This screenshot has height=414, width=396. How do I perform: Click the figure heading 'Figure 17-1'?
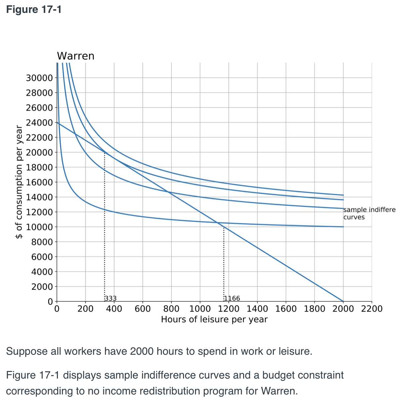34,10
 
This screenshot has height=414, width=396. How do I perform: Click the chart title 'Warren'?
75,56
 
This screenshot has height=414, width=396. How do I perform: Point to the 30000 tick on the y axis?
39,78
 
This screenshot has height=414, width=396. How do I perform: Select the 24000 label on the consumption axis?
39,123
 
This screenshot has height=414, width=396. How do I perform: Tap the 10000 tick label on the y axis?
39,227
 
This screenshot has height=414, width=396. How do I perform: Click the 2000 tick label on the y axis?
42,287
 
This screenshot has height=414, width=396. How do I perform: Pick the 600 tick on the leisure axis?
143,309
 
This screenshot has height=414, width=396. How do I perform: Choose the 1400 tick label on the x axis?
257,309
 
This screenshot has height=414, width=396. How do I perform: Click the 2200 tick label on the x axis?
371,309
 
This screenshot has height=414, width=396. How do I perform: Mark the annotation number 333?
111,298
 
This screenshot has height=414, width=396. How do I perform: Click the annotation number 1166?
232,298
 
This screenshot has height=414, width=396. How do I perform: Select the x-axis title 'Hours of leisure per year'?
214,320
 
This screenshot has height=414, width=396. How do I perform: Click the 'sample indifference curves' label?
369,213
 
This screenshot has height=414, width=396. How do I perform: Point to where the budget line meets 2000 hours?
343,301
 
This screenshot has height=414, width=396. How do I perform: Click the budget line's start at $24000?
57,123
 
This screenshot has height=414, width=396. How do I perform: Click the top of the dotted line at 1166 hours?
223,227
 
